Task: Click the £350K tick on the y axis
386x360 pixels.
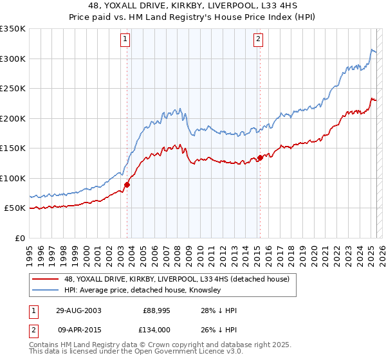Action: (x=13, y=29)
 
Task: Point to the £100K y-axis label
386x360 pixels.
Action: (x=13, y=178)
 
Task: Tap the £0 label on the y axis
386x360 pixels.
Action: (x=19, y=238)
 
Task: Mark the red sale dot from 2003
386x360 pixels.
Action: (x=127, y=184)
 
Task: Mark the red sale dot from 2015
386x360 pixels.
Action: (x=260, y=157)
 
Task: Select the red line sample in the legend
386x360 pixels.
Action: (x=46, y=279)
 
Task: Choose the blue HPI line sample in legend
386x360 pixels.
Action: (x=46, y=291)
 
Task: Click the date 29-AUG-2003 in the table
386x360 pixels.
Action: (x=79, y=310)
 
